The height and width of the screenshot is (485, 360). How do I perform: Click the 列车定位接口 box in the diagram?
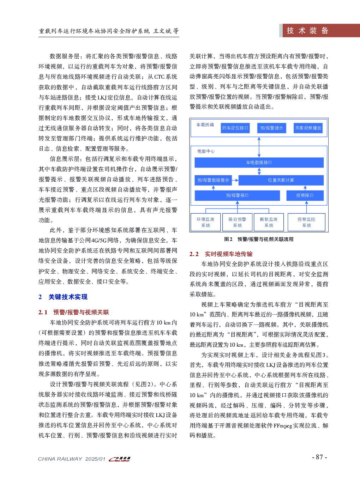235,128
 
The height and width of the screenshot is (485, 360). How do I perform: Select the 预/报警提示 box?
272,128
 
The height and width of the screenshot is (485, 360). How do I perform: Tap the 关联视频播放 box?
308,128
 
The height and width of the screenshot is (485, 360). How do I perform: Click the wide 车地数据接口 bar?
259,163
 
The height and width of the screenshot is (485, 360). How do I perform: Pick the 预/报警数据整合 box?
213,180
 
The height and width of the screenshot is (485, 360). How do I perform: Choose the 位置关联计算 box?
281,180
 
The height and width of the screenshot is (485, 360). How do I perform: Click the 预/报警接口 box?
237,195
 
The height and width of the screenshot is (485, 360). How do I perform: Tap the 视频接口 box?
305,195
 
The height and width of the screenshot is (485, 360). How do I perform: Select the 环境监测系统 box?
206,222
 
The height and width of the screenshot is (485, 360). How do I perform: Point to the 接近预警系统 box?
238,222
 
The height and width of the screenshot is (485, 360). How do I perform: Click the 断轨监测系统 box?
269,222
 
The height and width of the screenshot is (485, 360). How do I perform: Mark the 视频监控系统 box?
306,222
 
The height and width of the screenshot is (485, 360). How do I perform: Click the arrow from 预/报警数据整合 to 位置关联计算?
235,180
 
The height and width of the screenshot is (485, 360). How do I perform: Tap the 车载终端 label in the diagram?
205,125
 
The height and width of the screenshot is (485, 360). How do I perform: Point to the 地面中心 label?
206,151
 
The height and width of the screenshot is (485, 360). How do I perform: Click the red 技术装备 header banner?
319,31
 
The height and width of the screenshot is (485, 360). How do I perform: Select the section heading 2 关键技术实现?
63,297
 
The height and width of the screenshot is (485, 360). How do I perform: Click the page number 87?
319,457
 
